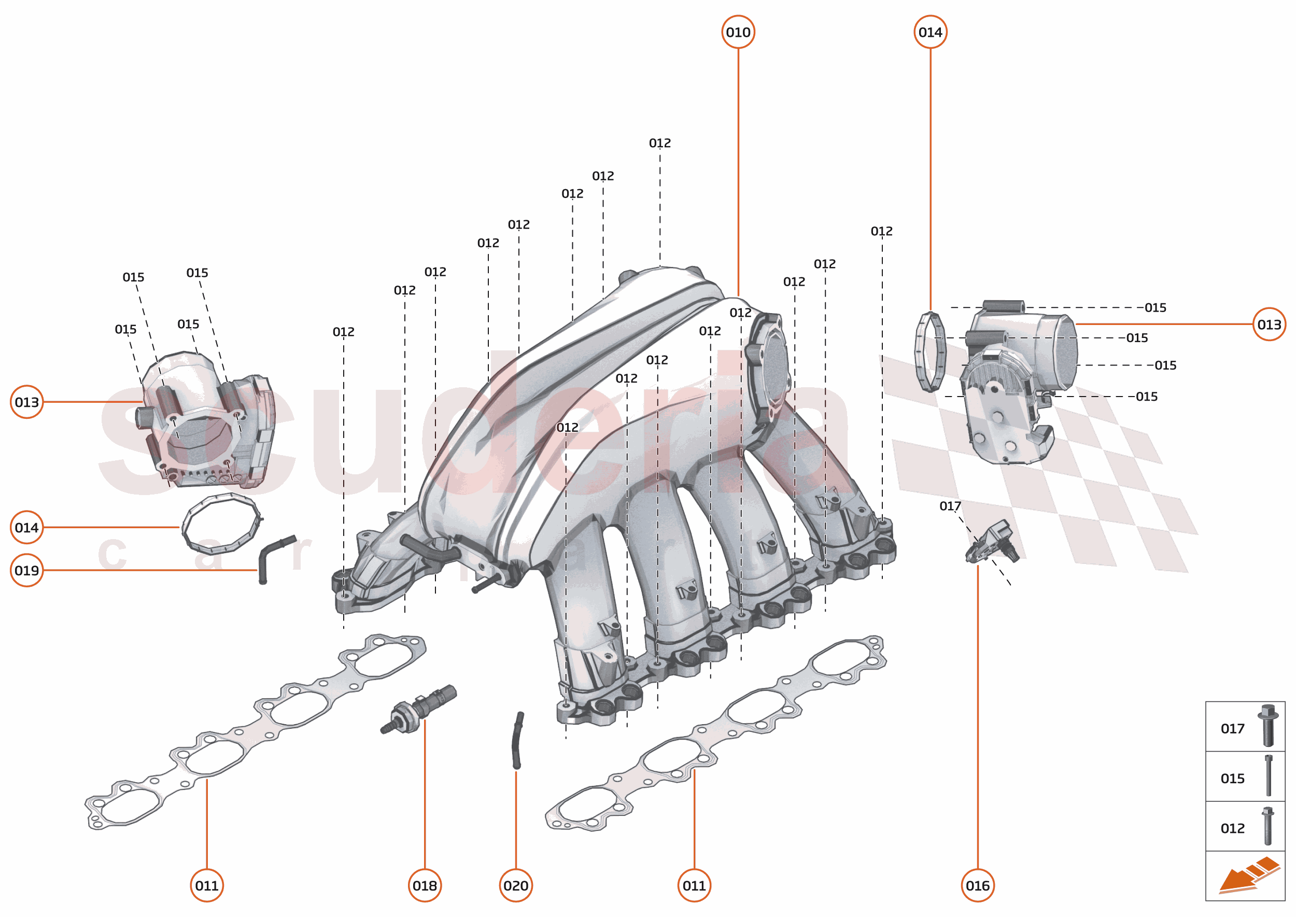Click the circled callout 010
pos(738,32)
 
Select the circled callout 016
pos(977,885)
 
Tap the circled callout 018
pos(424,885)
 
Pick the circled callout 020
pos(516,885)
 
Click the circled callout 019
pos(26,570)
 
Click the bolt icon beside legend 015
pos(1268,776)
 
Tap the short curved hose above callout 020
pos(516,740)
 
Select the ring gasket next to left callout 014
pos(221,523)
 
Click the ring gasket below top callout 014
pos(929,352)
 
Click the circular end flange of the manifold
pos(769,367)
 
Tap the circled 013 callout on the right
pos(1269,324)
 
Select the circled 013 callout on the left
pos(26,402)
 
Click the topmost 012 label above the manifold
pos(659,143)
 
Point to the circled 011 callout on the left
pos(207,885)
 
